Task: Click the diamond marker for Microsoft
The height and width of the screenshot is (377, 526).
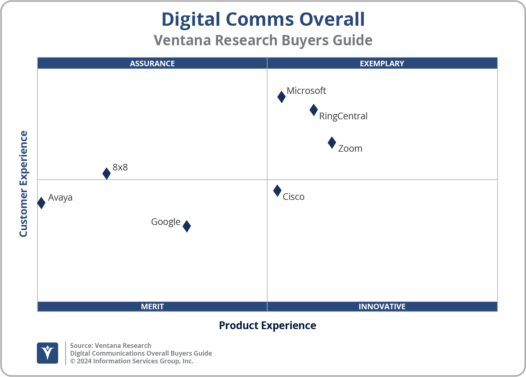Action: click(x=281, y=97)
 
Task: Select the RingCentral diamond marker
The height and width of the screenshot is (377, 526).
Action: click(x=313, y=110)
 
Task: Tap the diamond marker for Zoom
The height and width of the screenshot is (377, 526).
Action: click(x=332, y=142)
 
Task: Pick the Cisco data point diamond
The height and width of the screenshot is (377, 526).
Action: click(x=277, y=190)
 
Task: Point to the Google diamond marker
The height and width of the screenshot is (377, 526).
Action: click(x=187, y=226)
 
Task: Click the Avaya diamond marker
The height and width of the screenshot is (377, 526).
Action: click(x=41, y=203)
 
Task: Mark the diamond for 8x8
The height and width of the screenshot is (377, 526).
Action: click(x=106, y=173)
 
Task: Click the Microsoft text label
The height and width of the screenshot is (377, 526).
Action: click(x=306, y=91)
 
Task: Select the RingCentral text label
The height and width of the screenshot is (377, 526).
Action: click(x=343, y=116)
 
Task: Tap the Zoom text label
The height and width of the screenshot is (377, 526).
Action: click(x=350, y=148)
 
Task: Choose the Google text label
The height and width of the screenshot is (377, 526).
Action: click(x=166, y=222)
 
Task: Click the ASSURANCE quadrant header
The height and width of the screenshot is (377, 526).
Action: click(x=152, y=63)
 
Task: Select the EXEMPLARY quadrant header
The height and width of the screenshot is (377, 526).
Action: click(x=382, y=63)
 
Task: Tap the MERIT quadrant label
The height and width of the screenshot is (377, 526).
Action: click(x=152, y=306)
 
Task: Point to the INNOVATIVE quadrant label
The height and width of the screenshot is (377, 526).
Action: click(x=382, y=306)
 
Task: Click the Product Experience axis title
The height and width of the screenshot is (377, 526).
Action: click(x=267, y=325)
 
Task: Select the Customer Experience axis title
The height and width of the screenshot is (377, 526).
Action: click(x=24, y=184)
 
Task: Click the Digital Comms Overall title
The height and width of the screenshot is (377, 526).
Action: click(x=263, y=19)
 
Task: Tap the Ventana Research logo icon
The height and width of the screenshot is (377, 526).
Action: click(x=47, y=353)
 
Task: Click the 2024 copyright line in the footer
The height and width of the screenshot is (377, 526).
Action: click(x=132, y=361)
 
